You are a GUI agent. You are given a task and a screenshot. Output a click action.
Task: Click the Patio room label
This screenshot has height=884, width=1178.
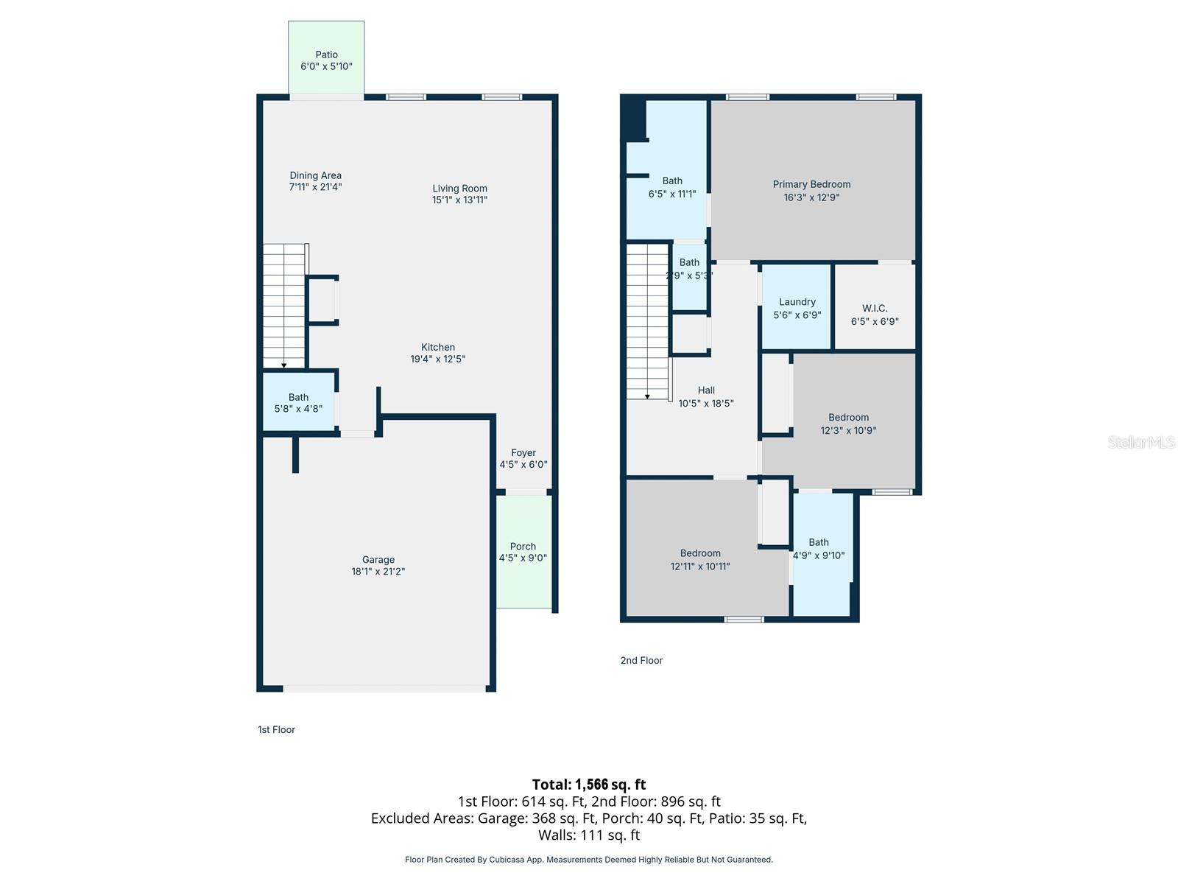click(326, 55)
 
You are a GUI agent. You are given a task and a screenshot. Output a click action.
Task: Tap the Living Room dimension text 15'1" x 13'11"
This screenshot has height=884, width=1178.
click(459, 200)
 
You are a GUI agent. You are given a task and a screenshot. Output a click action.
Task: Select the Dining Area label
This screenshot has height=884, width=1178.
click(315, 175)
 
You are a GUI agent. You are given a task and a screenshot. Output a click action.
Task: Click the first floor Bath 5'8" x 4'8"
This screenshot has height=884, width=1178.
click(298, 402)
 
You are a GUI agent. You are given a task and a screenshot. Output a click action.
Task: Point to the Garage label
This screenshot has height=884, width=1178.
click(378, 560)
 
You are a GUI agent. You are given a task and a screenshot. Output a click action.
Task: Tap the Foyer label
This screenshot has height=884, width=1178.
click(523, 453)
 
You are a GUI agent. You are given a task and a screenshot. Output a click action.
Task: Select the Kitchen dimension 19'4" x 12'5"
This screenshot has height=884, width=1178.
click(437, 359)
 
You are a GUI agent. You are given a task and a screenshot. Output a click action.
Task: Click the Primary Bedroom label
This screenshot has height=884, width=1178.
click(811, 184)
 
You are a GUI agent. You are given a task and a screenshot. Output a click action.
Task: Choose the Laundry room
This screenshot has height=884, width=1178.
click(797, 308)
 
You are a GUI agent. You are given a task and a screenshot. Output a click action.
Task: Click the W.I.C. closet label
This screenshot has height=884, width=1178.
click(875, 308)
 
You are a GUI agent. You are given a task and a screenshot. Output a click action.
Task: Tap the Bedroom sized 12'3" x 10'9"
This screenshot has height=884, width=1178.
click(848, 424)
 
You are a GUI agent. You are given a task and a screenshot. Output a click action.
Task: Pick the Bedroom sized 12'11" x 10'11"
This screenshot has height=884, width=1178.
click(699, 560)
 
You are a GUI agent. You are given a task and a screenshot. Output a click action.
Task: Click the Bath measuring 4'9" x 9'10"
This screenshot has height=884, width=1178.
click(819, 549)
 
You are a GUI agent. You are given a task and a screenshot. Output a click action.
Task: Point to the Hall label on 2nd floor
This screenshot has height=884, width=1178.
click(706, 390)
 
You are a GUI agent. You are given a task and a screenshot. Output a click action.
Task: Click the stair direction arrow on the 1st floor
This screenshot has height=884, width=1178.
click(284, 365)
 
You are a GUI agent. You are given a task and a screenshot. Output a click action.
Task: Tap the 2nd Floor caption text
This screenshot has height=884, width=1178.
click(641, 661)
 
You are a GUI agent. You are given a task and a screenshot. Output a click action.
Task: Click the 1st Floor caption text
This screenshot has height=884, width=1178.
click(276, 730)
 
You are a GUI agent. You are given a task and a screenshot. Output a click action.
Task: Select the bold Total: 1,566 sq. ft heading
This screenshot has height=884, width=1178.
click(589, 785)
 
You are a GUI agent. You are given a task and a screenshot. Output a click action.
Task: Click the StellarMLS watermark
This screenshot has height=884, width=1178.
click(1141, 442)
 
